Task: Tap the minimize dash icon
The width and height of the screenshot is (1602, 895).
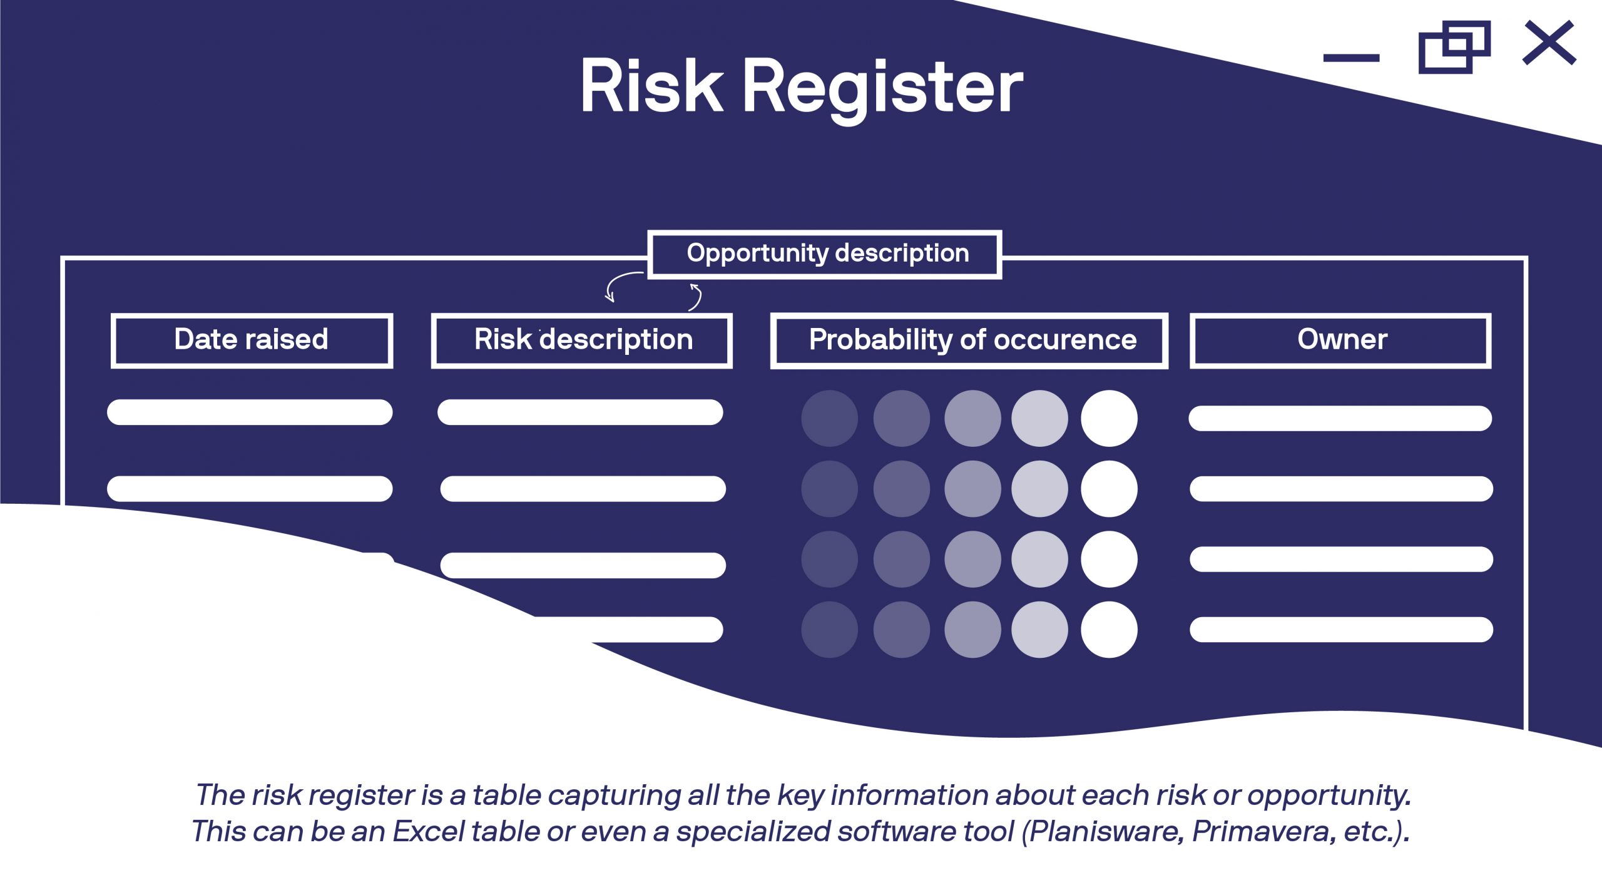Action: [1351, 58]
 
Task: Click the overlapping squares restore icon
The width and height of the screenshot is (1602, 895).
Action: [1454, 48]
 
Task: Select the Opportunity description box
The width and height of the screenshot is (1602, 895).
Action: [825, 254]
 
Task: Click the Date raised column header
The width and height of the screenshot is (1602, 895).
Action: [252, 340]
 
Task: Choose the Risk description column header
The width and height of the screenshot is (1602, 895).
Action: [582, 340]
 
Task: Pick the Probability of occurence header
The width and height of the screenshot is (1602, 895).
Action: [969, 340]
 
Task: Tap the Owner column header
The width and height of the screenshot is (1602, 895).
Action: [1340, 340]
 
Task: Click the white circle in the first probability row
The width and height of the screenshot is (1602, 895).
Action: [1108, 418]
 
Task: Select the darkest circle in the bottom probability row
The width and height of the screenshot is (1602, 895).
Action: [829, 629]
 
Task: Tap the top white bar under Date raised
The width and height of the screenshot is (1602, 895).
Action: [250, 412]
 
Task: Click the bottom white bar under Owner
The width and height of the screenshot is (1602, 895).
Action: [1340, 629]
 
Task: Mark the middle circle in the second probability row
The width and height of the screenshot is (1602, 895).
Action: [972, 489]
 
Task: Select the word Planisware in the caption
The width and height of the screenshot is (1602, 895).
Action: [1105, 832]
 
